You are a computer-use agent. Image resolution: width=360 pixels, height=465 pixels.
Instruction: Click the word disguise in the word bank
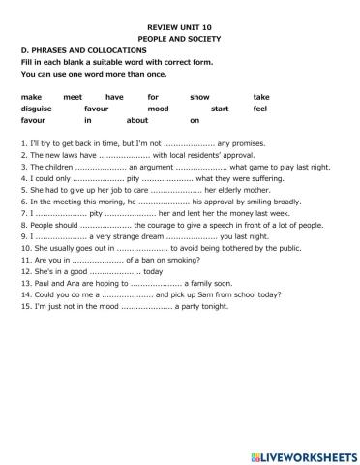click(36, 108)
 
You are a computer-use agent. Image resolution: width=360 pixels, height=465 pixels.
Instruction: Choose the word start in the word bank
click(220, 108)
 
